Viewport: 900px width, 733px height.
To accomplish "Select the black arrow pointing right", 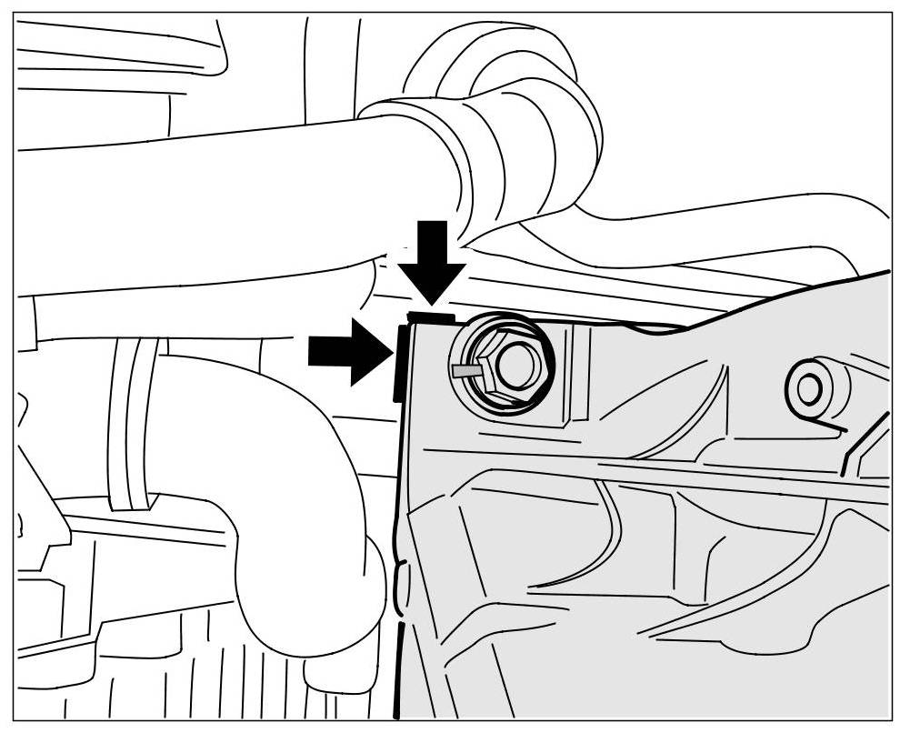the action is coord(345,350).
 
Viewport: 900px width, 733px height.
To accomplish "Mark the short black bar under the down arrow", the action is coord(431,316).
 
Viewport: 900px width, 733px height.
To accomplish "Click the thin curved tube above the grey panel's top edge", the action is coord(727,227).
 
